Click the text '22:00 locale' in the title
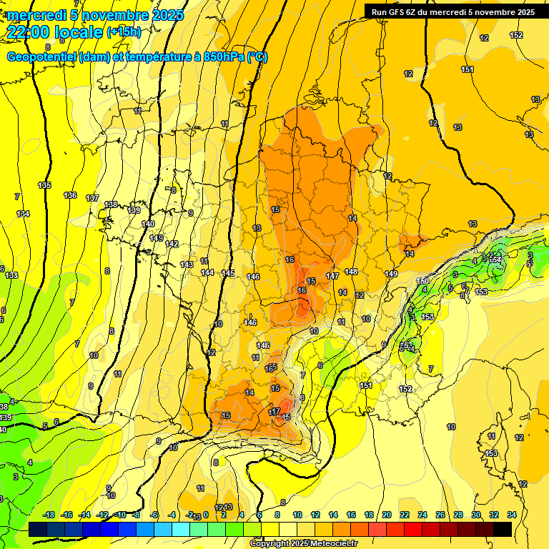tap(54, 31)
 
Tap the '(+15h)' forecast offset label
tap(124, 31)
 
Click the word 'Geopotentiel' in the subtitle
tap(41, 57)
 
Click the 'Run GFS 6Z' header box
tap(453, 11)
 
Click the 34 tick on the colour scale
tap(512, 515)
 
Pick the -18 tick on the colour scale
tap(49, 515)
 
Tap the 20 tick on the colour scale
tap(387, 515)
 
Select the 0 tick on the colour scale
tap(206, 515)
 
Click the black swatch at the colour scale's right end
tap(503, 529)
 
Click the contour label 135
tap(44, 185)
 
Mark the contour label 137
tap(92, 198)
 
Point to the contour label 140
tap(148, 224)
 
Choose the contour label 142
tap(172, 244)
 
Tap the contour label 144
tap(207, 272)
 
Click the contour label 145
tap(228, 273)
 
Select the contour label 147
tap(332, 276)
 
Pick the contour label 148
tap(351, 272)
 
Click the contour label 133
tap(11, 275)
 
